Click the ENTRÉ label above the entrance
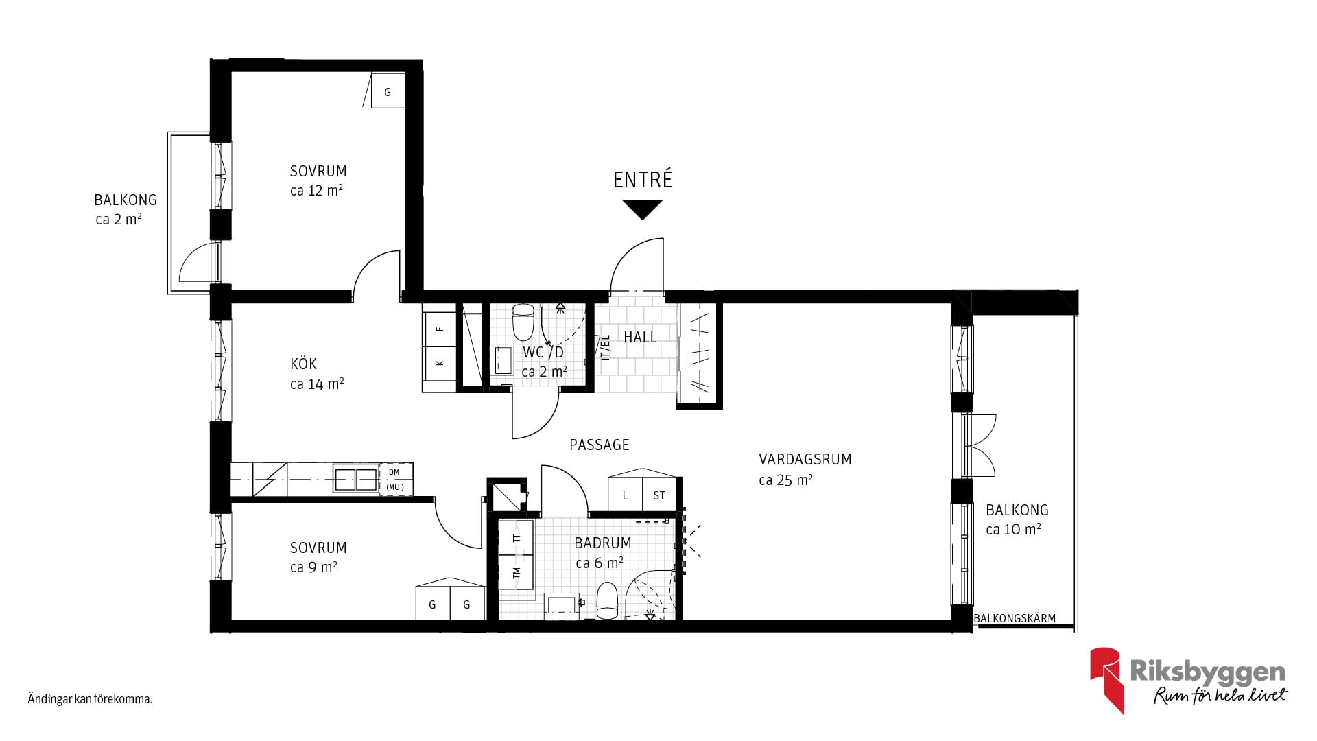coord(643,180)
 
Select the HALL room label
coord(640,337)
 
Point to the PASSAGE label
coord(599,445)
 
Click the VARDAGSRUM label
coord(805,460)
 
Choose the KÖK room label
coord(303,364)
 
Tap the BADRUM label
coord(602,543)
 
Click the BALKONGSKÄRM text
coord(1015,618)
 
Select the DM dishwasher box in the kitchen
coord(396,478)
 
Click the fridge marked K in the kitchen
coord(440,362)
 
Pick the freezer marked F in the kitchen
coord(440,329)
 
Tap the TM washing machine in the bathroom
coord(517,571)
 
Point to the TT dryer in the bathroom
coord(517,537)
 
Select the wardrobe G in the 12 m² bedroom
coord(388,91)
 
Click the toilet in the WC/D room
coord(523,322)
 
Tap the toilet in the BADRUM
coord(607,601)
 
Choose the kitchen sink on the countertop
coord(356,479)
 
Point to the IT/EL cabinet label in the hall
coord(605,348)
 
